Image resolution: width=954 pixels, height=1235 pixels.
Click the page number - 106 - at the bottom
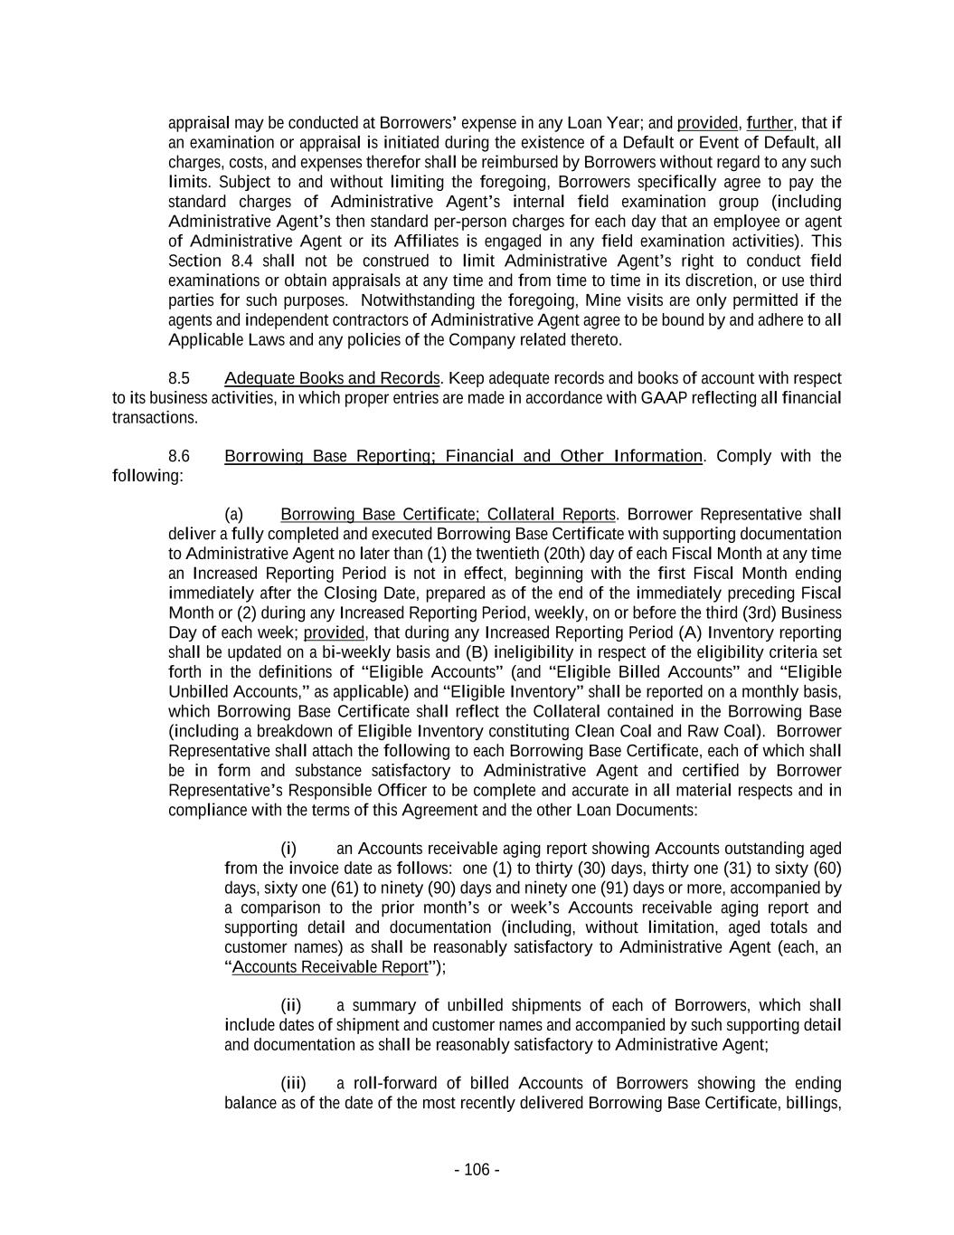coord(477,1170)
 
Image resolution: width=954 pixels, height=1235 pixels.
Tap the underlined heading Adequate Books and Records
coord(333,378)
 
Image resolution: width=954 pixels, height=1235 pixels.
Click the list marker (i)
coord(288,849)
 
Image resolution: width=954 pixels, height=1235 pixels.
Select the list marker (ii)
coord(290,1005)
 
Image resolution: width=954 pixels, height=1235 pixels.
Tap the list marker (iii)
coord(293,1084)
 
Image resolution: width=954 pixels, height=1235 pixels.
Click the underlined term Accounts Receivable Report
coord(330,967)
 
